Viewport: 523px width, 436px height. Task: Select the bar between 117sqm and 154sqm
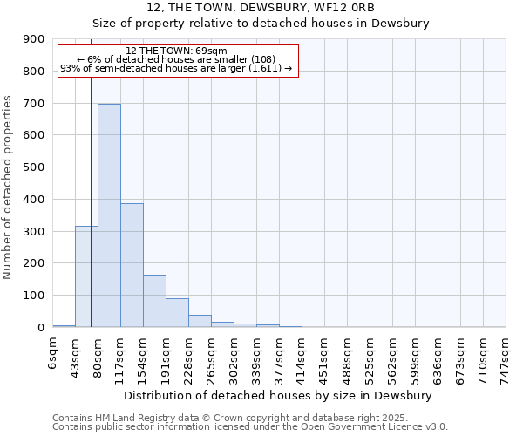pyautogui.click(x=132, y=265)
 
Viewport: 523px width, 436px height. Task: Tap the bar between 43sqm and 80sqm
pyautogui.click(x=86, y=276)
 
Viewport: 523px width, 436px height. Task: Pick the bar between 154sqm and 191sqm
pyautogui.click(x=154, y=301)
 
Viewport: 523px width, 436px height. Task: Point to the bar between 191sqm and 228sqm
pyautogui.click(x=177, y=312)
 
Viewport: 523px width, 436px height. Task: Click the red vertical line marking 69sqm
pyautogui.click(x=91, y=201)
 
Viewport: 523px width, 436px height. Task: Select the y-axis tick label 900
pyautogui.click(x=33, y=39)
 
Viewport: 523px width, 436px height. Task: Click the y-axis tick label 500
pyautogui.click(x=33, y=167)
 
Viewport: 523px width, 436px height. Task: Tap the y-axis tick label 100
pyautogui.click(x=33, y=296)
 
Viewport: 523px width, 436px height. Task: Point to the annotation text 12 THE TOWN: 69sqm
pyautogui.click(x=177, y=51)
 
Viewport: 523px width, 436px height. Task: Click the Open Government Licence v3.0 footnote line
pyautogui.click(x=250, y=427)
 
